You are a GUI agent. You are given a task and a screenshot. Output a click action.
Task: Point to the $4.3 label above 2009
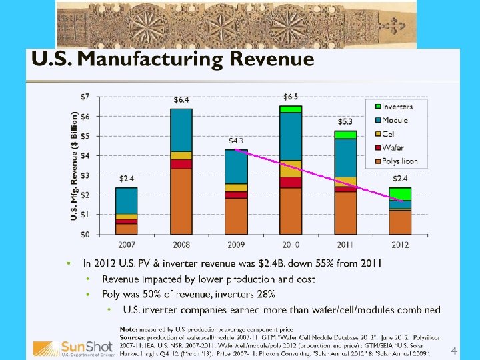[x=236, y=141]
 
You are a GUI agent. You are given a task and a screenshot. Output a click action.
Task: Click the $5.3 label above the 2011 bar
[x=345, y=121]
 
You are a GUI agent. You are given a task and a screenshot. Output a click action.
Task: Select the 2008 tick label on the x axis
[x=181, y=244]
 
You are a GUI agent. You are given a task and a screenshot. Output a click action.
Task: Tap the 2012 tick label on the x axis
[x=400, y=244]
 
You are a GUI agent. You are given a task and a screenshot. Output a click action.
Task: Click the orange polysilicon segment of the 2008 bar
[x=181, y=200]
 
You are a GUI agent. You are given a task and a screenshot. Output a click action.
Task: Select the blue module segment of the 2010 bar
[x=291, y=137]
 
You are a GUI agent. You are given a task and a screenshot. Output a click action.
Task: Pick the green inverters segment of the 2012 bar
[x=400, y=194]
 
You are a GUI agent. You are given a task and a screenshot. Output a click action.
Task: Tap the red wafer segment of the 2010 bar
[x=291, y=182]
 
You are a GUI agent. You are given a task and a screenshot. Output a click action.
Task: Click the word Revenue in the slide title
[x=271, y=60]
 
